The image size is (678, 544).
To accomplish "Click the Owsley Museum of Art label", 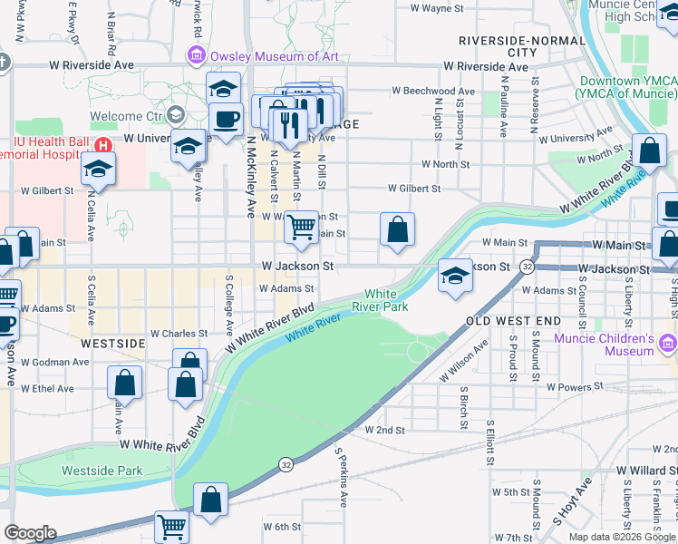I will [x=274, y=56].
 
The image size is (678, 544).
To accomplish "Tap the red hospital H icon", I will [x=104, y=144].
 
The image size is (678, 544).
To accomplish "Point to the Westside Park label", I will [x=102, y=471].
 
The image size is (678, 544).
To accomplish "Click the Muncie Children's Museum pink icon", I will [x=669, y=345].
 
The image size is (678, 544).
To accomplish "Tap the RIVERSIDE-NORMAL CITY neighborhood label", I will [x=510, y=46].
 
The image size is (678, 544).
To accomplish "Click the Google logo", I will [x=30, y=533].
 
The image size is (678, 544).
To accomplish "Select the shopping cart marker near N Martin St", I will [x=301, y=229].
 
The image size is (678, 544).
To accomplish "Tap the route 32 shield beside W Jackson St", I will [x=526, y=267].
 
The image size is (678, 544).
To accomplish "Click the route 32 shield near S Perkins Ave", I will [x=286, y=463].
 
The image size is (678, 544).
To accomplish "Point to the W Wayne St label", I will [x=437, y=8].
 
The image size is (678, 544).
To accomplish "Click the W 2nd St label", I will [x=384, y=430].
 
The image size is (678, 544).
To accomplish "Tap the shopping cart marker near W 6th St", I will [x=170, y=526].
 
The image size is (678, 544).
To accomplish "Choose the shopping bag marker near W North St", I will [x=650, y=152].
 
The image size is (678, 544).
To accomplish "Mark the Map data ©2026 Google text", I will [x=623, y=537].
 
